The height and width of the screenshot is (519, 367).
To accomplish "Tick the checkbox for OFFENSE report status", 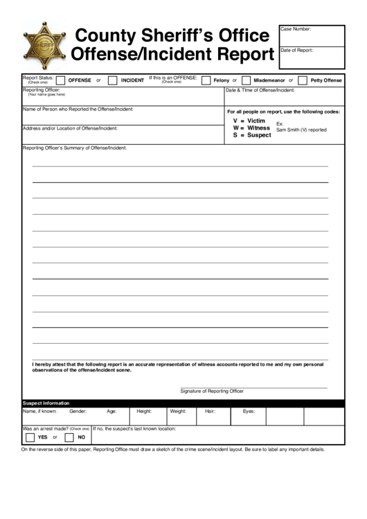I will pos(61,80).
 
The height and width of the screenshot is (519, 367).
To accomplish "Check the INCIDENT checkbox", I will pos(112,80).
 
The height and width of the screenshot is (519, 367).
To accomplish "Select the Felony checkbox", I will pos(206,80).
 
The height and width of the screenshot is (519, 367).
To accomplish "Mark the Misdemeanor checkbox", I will pos(246,80).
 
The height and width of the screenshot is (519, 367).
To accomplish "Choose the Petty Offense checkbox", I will pos(303,80).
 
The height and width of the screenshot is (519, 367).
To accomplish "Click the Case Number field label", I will pos(296,29).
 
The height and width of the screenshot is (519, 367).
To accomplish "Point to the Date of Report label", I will pos(297,50).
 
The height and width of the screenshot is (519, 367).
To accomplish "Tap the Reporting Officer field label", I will pos(42,90).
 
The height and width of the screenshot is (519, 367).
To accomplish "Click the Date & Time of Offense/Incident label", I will pos(261,90).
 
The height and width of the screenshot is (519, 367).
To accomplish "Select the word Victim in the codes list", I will pos(256,121).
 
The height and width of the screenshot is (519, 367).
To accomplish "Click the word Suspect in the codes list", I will pos(259,135).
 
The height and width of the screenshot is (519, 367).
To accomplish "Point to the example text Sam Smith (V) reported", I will pos(301,130).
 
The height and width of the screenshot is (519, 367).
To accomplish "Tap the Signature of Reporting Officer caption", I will pos(212,391).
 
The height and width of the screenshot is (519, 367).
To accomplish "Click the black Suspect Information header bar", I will pos(183,403).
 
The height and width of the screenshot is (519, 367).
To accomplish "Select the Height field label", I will pos(144,411).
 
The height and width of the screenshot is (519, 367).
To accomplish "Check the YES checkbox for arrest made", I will pos(30,437).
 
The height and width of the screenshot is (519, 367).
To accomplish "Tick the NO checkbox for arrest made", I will pos(69,437).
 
